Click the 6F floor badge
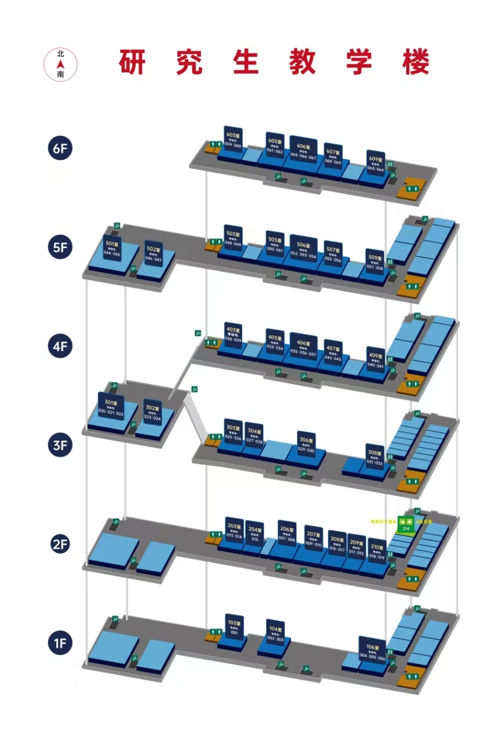click(60, 148)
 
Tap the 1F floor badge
click(60, 643)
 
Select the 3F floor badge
click(60, 446)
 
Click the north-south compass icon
click(60, 64)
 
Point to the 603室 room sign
click(233, 139)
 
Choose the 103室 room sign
click(234, 627)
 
